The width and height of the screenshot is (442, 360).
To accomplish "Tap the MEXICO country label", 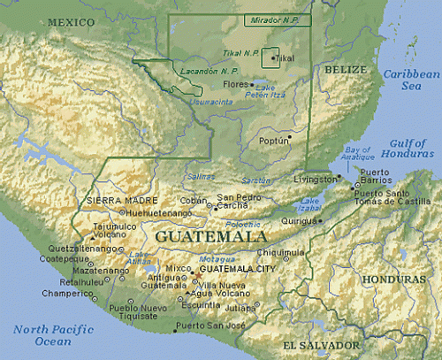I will pos(71,20).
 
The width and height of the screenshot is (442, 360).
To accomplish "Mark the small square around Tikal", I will pos(271,57).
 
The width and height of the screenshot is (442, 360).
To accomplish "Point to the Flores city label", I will pos(234,85).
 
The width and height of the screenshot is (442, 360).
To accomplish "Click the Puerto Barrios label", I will pos(375,176).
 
